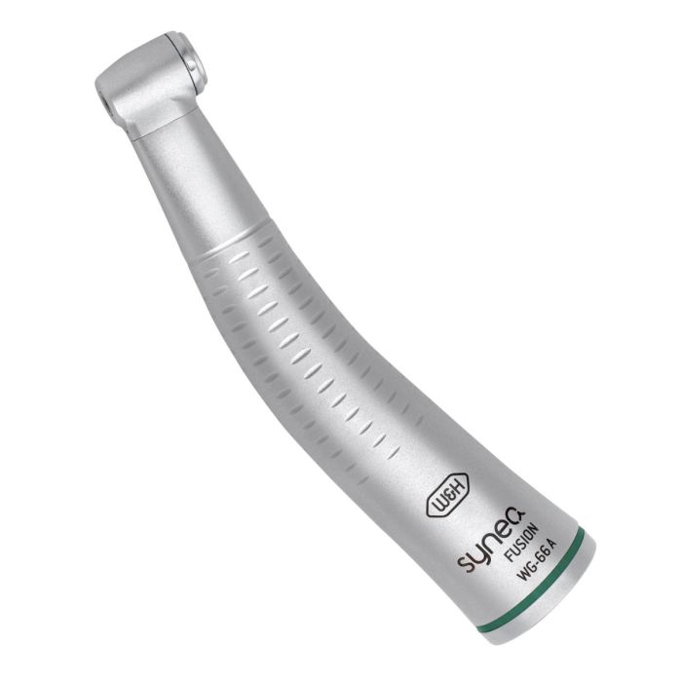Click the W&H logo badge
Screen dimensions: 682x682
click(447, 496)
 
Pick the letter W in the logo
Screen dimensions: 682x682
click(437, 506)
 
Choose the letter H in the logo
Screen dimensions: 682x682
click(459, 486)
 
